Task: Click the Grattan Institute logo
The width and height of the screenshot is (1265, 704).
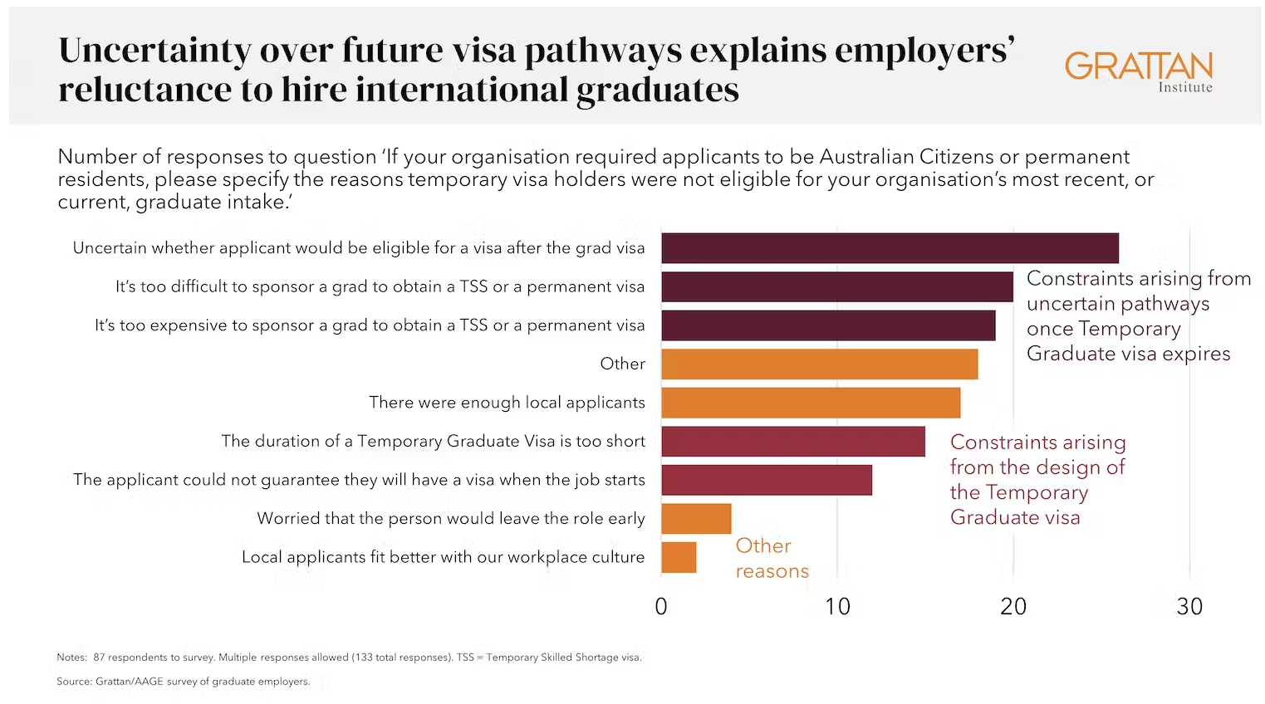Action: coord(1138,71)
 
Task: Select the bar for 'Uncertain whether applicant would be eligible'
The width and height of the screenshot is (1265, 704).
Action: coord(889,248)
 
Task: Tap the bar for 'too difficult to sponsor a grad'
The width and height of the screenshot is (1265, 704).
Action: coord(836,286)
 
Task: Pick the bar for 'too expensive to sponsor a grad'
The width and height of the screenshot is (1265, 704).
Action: coord(827,325)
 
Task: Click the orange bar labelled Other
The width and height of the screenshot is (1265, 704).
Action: coord(819,364)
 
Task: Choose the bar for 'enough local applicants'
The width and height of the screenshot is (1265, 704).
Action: coord(810,403)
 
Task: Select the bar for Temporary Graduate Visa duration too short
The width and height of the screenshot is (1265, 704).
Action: coord(792,441)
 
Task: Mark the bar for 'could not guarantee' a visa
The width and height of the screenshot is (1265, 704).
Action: coord(766,480)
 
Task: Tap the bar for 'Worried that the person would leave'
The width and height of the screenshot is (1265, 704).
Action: coord(696,519)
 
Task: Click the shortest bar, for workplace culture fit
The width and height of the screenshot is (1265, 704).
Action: coord(679,557)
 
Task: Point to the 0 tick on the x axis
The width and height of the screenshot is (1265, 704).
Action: coord(661,607)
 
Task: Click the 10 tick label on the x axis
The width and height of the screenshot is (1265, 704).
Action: coord(837,607)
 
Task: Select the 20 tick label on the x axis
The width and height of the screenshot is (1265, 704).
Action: coord(1013,607)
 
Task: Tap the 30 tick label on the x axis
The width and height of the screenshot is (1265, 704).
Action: coord(1189,607)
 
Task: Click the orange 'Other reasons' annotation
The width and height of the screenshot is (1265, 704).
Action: coord(771,558)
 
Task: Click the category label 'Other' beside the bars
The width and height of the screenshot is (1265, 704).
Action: coord(622,364)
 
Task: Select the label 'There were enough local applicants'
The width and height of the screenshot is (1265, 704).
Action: coord(507,403)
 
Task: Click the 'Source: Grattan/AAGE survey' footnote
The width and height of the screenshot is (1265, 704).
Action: coord(183,682)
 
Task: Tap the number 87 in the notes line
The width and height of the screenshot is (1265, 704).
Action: coord(99,658)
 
